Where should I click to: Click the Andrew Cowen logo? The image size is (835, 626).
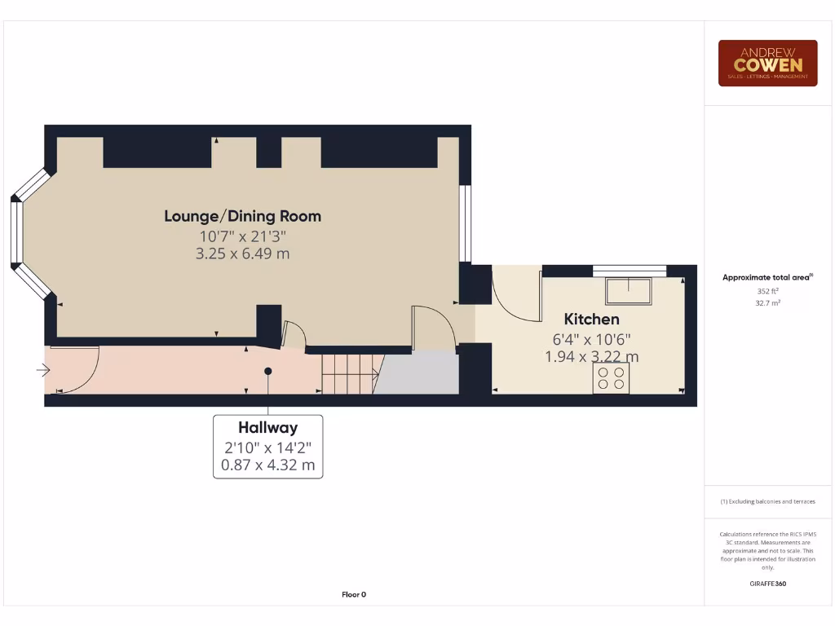pyautogui.click(x=767, y=63)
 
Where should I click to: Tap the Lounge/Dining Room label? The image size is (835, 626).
pyautogui.click(x=242, y=216)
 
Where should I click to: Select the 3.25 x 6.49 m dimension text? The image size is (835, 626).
pyautogui.click(x=242, y=253)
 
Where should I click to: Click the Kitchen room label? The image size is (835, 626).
pyautogui.click(x=591, y=319)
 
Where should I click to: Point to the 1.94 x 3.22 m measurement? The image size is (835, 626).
pyautogui.click(x=591, y=356)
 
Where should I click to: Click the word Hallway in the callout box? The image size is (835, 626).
pyautogui.click(x=267, y=427)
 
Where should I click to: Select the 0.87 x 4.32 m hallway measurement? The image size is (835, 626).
pyautogui.click(x=267, y=466)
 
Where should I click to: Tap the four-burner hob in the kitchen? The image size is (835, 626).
pyautogui.click(x=611, y=378)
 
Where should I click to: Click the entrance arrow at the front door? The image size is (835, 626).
pyautogui.click(x=42, y=371)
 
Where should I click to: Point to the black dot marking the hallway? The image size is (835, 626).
pyautogui.click(x=267, y=371)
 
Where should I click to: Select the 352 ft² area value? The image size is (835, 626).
pyautogui.click(x=767, y=290)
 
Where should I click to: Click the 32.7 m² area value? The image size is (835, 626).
pyautogui.click(x=767, y=302)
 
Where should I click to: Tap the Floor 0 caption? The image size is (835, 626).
pyautogui.click(x=353, y=594)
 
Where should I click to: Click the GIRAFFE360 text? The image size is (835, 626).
pyautogui.click(x=767, y=584)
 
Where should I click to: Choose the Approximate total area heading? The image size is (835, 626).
pyautogui.click(x=767, y=277)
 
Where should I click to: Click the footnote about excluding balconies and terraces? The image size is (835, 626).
pyautogui.click(x=767, y=501)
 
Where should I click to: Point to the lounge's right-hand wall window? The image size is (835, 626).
pyautogui.click(x=466, y=223)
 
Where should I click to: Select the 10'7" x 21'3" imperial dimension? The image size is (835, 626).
pyautogui.click(x=242, y=236)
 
